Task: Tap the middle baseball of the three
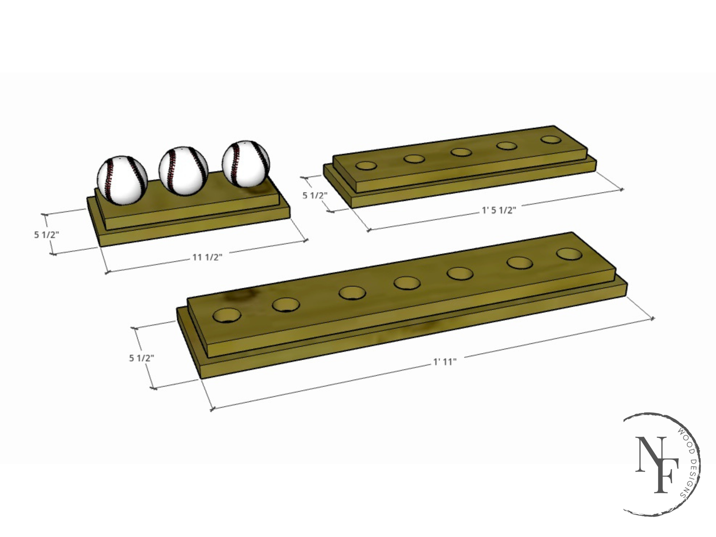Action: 184,171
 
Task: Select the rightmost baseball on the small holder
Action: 246,164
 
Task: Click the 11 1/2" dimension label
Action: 207,257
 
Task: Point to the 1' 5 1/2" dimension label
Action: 499,211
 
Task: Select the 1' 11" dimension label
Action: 444,362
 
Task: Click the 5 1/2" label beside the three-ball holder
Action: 46,234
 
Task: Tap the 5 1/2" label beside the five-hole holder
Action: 315,195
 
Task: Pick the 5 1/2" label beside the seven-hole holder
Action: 142,358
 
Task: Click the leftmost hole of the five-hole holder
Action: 366,165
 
